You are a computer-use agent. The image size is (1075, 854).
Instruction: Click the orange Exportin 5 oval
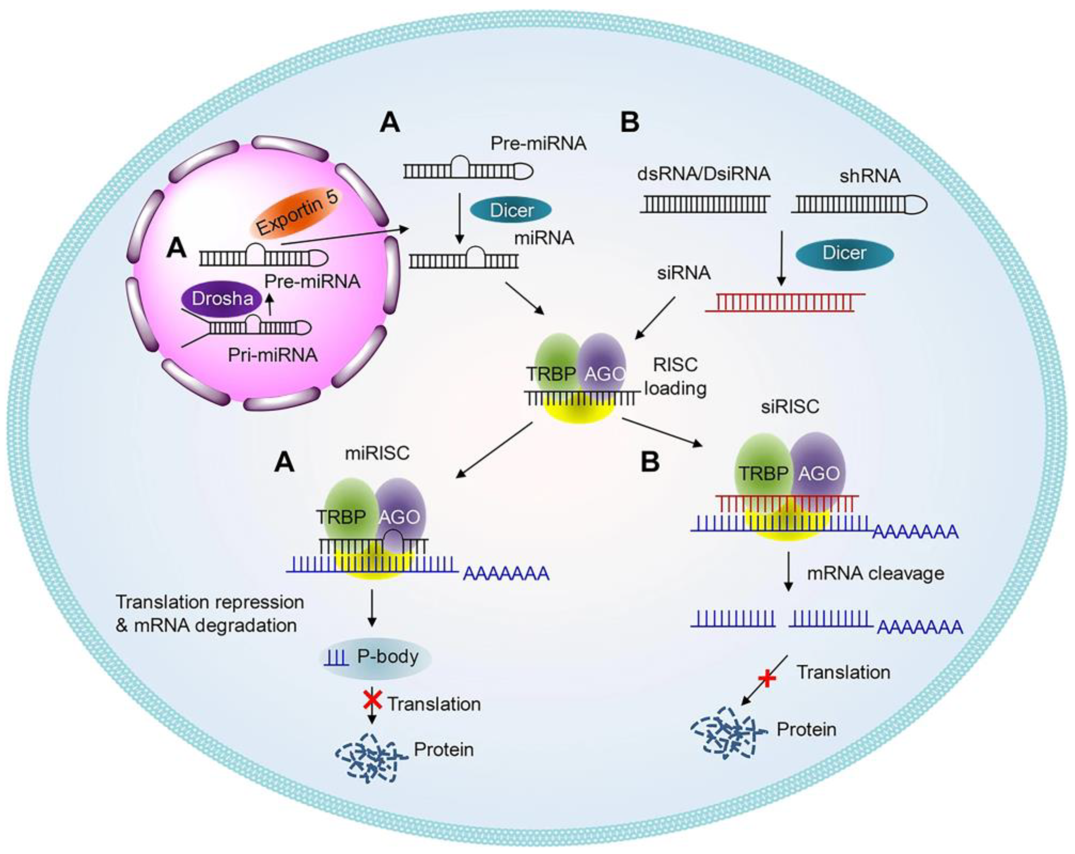click(x=297, y=212)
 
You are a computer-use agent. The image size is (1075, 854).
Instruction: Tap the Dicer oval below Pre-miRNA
click(x=512, y=210)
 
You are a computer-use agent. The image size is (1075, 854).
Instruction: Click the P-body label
click(x=388, y=656)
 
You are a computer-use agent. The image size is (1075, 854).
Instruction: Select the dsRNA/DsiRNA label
click(x=703, y=174)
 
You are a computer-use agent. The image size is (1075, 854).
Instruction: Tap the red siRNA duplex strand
click(x=785, y=302)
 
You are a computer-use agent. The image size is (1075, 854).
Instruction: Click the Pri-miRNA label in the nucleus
click(x=273, y=355)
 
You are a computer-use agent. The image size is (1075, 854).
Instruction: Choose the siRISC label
click(x=790, y=406)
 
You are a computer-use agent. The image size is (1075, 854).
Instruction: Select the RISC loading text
click(x=676, y=376)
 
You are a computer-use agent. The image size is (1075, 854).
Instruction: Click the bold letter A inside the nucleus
click(x=177, y=247)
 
